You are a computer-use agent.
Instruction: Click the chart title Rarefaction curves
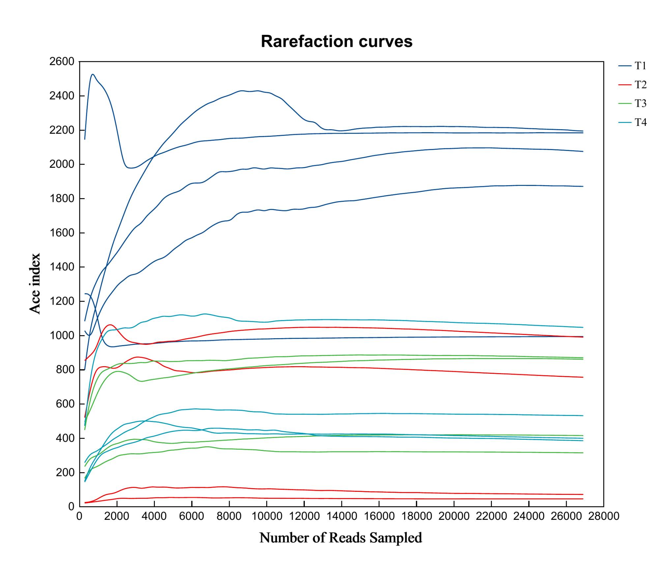click(x=336, y=42)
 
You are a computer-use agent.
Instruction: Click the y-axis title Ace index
click(x=35, y=283)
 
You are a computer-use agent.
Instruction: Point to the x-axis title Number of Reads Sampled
click(x=340, y=538)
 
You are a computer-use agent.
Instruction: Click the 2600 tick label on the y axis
click(x=62, y=62)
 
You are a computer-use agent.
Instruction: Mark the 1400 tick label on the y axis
click(x=62, y=267)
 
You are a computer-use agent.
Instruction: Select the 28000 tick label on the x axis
click(x=604, y=516)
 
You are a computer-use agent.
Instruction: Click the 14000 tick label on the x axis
click(x=341, y=516)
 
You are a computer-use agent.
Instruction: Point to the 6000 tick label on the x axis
click(x=191, y=516)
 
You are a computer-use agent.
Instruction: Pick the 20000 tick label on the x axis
click(x=454, y=516)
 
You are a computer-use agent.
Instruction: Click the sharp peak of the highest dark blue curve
click(x=93, y=74)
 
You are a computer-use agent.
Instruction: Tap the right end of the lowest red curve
click(x=583, y=499)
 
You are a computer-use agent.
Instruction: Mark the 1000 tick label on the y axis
click(x=62, y=336)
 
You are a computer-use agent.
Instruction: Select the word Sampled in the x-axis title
click(x=395, y=538)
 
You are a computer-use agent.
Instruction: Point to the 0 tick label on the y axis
click(x=71, y=507)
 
